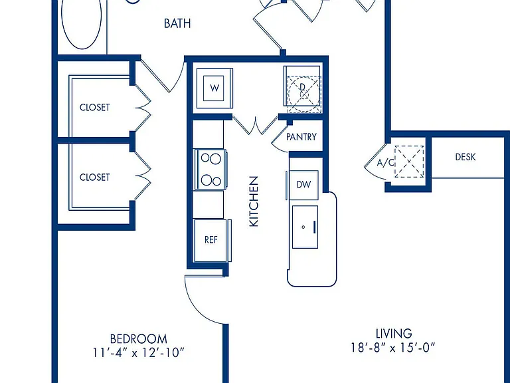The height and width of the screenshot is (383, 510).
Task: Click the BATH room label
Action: point(177,23)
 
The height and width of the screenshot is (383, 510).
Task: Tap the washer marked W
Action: point(214,88)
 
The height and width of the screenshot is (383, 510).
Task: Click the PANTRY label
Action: point(301,137)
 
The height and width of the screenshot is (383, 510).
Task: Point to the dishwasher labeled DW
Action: point(303,185)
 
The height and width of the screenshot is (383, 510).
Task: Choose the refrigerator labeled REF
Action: point(211,240)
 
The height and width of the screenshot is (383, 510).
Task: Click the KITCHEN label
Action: point(254,201)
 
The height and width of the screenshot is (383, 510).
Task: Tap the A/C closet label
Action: point(385,162)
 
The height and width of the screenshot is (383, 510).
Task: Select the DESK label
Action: point(465,157)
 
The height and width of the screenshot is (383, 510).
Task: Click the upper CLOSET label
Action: point(95,107)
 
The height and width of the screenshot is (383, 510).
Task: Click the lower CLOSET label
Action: point(95,177)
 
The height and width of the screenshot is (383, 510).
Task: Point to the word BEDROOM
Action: point(139,339)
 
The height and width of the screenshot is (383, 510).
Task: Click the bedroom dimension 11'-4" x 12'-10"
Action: point(139,352)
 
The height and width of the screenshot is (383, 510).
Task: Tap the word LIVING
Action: point(394,334)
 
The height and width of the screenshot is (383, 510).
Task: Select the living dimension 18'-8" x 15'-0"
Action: point(393,348)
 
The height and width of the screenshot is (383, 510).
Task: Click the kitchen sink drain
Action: point(303,227)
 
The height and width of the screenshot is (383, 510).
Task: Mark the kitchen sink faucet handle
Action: point(315,227)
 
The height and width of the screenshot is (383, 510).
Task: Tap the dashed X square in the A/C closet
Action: point(409,162)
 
